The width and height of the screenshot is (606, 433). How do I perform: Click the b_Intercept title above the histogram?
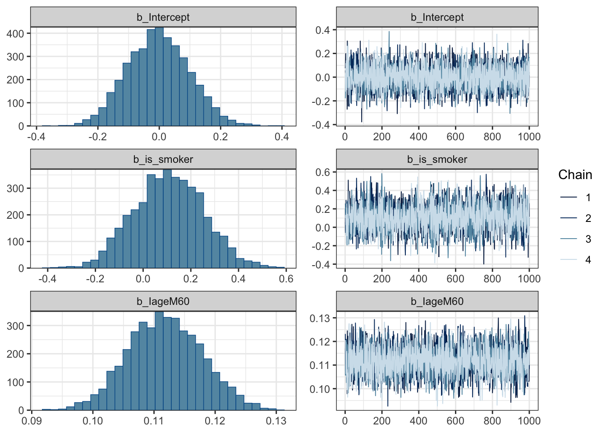pos(163,17)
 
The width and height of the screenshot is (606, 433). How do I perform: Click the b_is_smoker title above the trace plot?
pos(437,159)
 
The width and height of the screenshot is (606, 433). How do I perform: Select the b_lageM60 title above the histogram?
pos(163,301)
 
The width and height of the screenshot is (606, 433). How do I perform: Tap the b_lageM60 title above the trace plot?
pos(437,301)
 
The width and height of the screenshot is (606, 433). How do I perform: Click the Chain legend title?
pos(575,175)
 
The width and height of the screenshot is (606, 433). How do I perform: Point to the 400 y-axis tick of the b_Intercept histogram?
pos(15,34)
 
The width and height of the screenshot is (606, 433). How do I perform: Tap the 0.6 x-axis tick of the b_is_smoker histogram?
pos(286,279)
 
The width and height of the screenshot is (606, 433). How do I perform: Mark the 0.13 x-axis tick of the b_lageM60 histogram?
pos(276,421)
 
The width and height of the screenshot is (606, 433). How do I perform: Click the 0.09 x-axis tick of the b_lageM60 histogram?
pos(32,421)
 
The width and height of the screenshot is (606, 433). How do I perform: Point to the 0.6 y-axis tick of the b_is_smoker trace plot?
pos(323,172)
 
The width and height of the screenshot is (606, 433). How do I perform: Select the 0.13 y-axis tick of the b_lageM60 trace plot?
pos(320,318)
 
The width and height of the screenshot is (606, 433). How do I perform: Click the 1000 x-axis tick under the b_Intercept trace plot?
pos(529,137)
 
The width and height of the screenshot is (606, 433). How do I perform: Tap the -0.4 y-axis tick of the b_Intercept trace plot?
pos(321,124)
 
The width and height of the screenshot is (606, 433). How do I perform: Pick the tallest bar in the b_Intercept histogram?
pos(159,77)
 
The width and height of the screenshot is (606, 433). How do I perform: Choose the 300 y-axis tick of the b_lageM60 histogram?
pos(15,326)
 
